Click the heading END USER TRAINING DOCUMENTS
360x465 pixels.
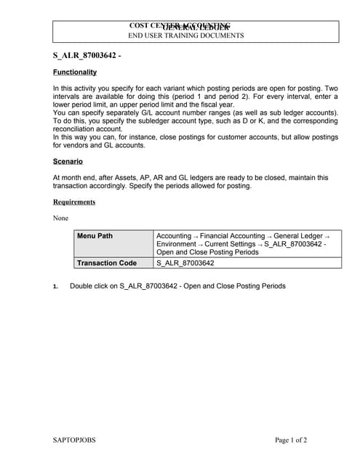pyautogui.click(x=186, y=35)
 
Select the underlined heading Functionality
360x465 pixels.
pyautogui.click(x=75, y=72)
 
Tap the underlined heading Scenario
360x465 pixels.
pyautogui.click(x=68, y=161)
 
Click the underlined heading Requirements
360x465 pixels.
pyautogui.click(x=74, y=202)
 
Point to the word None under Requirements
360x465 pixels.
pyautogui.click(x=61, y=218)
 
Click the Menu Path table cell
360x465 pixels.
pyautogui.click(x=95, y=235)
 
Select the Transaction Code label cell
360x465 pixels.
pyautogui.click(x=106, y=263)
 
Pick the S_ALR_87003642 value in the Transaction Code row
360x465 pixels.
pyautogui.click(x=185, y=263)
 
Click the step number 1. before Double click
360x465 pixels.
pyautogui.click(x=55, y=286)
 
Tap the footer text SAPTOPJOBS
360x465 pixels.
pyautogui.click(x=74, y=440)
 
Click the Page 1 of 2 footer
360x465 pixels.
pyautogui.click(x=291, y=440)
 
